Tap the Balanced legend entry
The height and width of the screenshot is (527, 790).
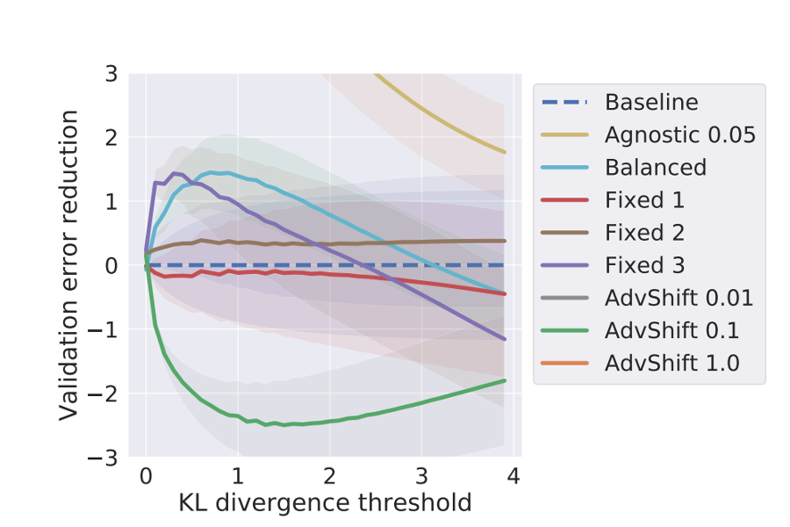tap(655, 167)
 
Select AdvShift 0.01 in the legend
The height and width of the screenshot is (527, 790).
tap(679, 298)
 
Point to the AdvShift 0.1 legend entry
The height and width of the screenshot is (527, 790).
tap(671, 330)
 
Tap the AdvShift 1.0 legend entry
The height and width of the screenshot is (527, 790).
tap(671, 363)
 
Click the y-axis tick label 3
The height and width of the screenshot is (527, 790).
tap(111, 74)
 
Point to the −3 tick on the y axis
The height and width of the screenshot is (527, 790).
tap(105, 458)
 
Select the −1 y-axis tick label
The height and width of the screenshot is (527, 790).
tap(105, 329)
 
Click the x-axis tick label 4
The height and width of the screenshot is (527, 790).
tap(513, 477)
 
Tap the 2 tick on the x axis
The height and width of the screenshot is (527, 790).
tap(329, 477)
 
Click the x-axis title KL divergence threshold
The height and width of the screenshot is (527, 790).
tap(325, 503)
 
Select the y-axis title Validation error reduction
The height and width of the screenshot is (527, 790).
tap(70, 265)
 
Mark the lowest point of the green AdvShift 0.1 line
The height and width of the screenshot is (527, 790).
tap(285, 425)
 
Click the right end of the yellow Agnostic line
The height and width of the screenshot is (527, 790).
tap(505, 152)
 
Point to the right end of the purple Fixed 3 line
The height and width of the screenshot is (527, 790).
tap(505, 339)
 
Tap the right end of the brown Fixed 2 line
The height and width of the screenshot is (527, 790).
tap(505, 241)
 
